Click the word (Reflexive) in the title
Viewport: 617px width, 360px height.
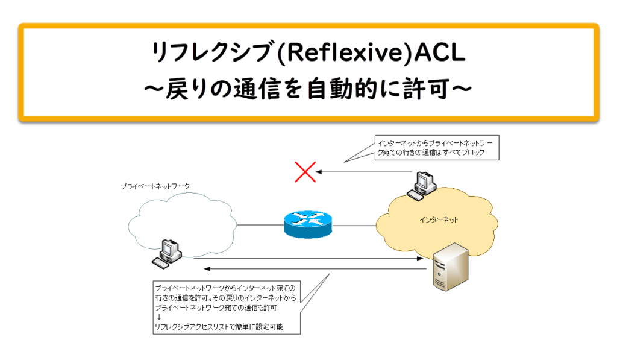point(339,53)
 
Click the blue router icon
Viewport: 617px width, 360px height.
point(307,225)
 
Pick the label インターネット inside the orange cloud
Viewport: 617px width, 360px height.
point(439,220)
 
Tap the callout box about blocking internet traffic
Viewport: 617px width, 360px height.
point(437,148)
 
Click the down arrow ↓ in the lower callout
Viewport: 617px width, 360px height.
point(159,317)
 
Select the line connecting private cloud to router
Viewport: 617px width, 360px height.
point(259,226)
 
